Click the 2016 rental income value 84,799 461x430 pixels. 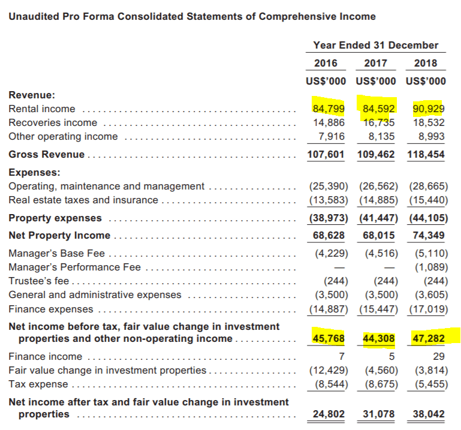point(328,109)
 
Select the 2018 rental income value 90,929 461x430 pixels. point(428,109)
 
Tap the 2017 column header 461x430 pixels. point(375,63)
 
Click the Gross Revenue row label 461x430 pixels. point(46,154)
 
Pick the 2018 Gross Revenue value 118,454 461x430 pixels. point(426,154)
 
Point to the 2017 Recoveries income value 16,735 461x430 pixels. point(378,122)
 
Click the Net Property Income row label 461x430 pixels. point(59,235)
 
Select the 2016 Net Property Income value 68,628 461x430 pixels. point(329,235)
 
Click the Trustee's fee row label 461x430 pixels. point(39,281)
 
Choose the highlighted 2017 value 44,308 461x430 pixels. point(378,339)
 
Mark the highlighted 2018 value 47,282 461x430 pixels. point(428,339)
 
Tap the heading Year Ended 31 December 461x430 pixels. point(375,45)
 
